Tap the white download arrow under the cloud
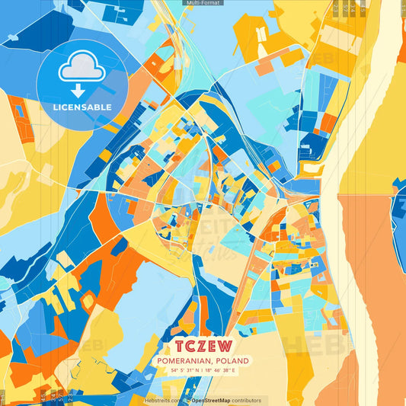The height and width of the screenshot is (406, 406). coord(82,90)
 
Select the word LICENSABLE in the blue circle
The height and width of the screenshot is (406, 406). coord(82,107)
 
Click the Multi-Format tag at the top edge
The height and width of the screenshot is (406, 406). coord(203,3)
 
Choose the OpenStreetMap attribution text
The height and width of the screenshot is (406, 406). coord(216,400)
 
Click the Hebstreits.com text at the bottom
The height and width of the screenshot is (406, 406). coord(162,400)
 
